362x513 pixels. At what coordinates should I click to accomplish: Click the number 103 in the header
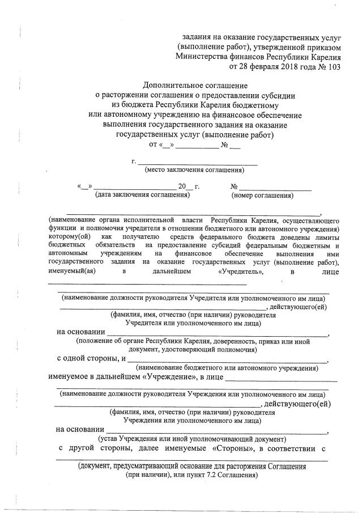(333, 66)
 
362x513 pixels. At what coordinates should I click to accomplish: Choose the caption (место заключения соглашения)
(194, 169)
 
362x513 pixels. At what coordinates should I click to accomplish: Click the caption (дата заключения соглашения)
(141, 196)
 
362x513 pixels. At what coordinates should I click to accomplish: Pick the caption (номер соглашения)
(262, 196)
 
